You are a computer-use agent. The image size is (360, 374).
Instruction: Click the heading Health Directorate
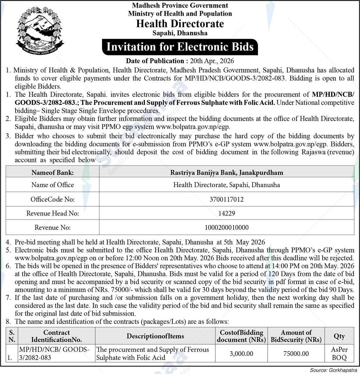[x=180, y=23]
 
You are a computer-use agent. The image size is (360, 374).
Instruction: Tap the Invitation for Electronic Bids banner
[x=180, y=47]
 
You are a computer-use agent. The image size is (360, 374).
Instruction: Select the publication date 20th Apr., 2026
[x=212, y=61]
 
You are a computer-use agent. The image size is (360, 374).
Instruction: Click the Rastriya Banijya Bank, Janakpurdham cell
[x=226, y=173]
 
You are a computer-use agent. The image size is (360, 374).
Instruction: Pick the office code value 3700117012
[x=226, y=199]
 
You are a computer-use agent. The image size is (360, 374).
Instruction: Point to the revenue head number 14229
[x=226, y=213]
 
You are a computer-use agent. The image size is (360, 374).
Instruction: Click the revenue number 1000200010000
[x=226, y=227]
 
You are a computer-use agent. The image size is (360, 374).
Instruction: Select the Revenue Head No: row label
[x=52, y=213]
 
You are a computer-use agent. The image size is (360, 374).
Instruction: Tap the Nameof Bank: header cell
[x=52, y=173]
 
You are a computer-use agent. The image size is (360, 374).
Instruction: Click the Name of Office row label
[x=52, y=185]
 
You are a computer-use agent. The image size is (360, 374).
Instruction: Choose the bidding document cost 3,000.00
[x=241, y=354]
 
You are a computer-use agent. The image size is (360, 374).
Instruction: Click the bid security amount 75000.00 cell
[x=296, y=354]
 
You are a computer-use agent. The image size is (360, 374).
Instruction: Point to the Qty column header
[x=339, y=336]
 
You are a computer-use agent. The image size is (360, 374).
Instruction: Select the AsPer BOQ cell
[x=339, y=354]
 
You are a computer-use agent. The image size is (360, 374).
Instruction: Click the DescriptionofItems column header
[x=155, y=336]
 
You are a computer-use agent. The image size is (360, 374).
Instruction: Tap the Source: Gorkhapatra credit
[x=333, y=370]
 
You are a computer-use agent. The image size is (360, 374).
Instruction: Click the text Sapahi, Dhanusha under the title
[x=180, y=33]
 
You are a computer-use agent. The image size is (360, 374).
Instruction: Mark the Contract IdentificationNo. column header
[x=56, y=336]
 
